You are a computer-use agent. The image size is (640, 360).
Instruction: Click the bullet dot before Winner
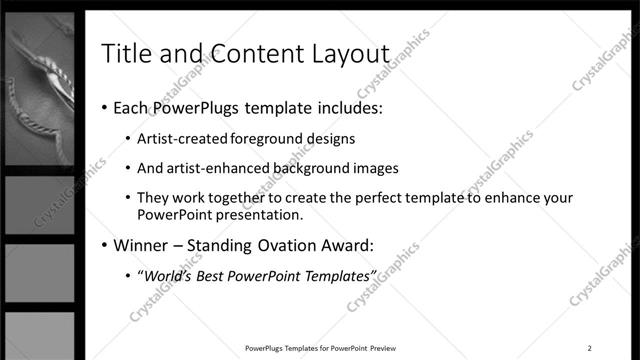(x=103, y=245)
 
